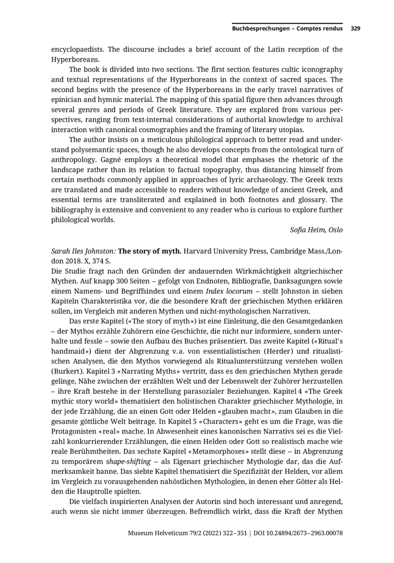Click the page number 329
[355, 28]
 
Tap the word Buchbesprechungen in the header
[260, 28]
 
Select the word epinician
[70, 98]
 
